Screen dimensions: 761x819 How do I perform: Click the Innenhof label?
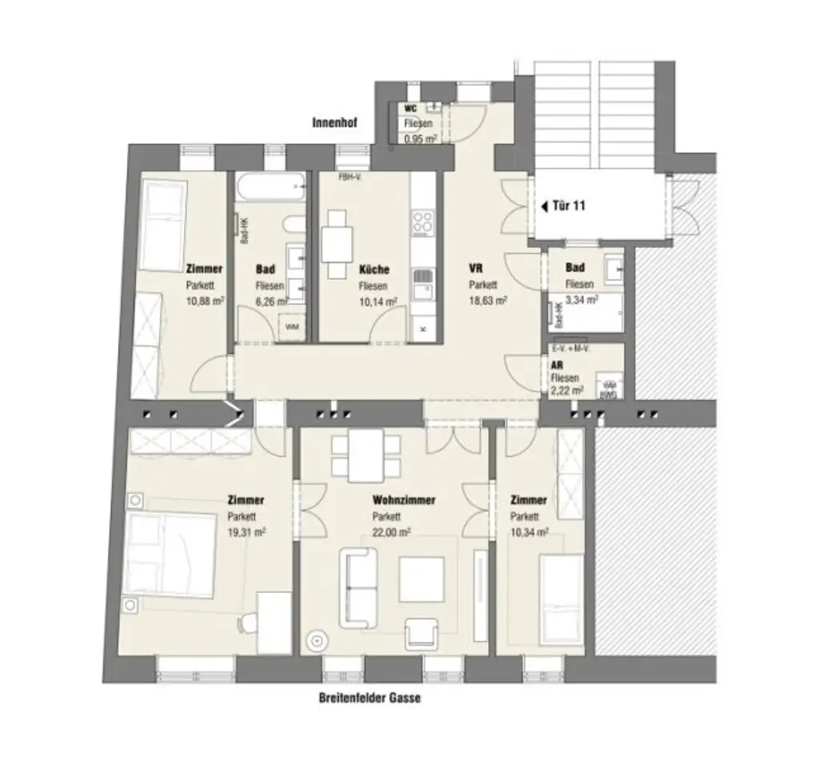click(335, 123)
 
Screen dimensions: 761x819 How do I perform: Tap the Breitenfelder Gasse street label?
click(368, 698)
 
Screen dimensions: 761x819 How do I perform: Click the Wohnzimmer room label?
click(404, 500)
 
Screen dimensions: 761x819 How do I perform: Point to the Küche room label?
click(374, 270)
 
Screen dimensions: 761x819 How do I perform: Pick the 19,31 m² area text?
click(246, 531)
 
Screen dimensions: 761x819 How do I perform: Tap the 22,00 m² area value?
click(391, 531)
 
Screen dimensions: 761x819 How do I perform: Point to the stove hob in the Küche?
click(423, 222)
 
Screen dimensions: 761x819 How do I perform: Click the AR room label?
click(557, 364)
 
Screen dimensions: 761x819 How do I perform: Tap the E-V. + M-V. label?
click(572, 349)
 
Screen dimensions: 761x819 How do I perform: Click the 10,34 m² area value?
click(529, 531)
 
